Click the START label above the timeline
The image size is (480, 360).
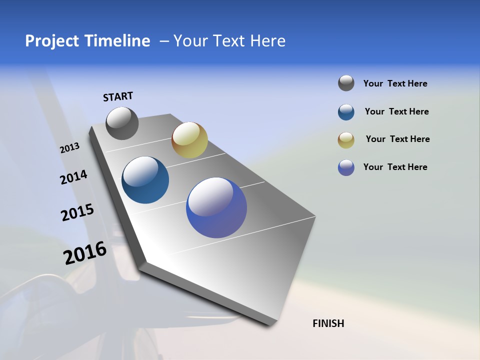coord(118,96)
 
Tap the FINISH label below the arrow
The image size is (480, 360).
coord(328,323)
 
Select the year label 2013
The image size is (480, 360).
coord(69,148)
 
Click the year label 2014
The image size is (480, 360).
coord(73,177)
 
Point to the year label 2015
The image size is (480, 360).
coord(77,212)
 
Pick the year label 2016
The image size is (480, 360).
coord(85,253)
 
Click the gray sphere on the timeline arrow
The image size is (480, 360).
coord(122,123)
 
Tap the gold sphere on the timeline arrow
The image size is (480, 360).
coord(189,140)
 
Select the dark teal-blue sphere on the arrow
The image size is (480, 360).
coord(145,180)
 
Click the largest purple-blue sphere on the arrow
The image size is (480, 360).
coord(216,207)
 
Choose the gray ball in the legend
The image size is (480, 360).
coord(346,83)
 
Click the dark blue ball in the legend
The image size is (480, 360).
coord(346,112)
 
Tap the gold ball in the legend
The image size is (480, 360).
coord(346,140)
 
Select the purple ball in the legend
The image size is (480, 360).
coord(346,167)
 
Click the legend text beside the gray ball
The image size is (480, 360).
coord(395,84)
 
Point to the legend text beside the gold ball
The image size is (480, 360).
coord(397,139)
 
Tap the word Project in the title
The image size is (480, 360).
coord(51,41)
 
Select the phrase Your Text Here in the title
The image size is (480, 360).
coord(229,41)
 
